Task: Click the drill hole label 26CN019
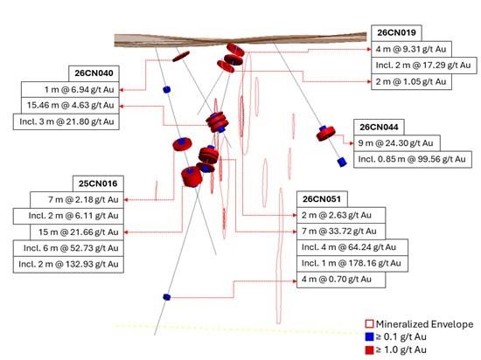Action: point(396,33)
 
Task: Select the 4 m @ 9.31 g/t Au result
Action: point(411,49)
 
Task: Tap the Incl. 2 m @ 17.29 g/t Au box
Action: point(424,66)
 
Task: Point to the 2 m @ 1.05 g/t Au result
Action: point(411,82)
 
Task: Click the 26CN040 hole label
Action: point(94,73)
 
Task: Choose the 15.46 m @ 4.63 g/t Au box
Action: point(70,106)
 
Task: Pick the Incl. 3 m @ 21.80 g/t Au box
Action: point(66,121)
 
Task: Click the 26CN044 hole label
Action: point(379,128)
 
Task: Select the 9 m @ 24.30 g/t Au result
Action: point(397,143)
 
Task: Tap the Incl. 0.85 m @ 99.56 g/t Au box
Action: point(413,159)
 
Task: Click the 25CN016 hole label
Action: point(98,183)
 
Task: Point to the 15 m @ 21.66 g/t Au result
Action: point(77,232)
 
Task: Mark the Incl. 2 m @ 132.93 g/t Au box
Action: point(68,264)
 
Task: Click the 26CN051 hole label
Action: point(322,199)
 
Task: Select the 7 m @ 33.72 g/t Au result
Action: point(341,232)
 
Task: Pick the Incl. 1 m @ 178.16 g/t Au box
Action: point(352,263)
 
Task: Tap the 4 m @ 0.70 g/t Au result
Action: point(341,280)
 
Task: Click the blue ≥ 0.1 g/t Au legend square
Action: point(370,337)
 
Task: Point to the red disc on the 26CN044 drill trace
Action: point(326,134)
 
